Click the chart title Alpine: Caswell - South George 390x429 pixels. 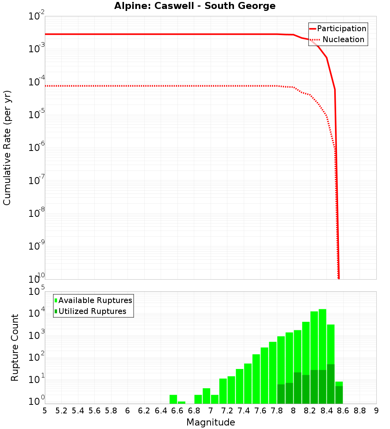click(x=195, y=6)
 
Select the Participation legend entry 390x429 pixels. click(x=341, y=28)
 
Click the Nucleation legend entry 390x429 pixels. click(x=343, y=39)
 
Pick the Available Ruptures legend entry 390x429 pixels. click(x=95, y=300)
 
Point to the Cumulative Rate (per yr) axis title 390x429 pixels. click(x=7, y=147)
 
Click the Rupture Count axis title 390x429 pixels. click(x=15, y=347)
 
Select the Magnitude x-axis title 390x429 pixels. click(x=211, y=422)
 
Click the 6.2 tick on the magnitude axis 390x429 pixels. click(x=144, y=411)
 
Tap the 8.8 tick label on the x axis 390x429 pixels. click(x=360, y=411)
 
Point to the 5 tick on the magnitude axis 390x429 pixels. click(x=45, y=411)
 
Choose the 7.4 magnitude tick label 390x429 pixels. click(x=244, y=411)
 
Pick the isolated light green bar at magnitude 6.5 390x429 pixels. click(x=173, y=399)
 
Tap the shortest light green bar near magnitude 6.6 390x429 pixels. click(x=182, y=402)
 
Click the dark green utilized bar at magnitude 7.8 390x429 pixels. click(x=281, y=394)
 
